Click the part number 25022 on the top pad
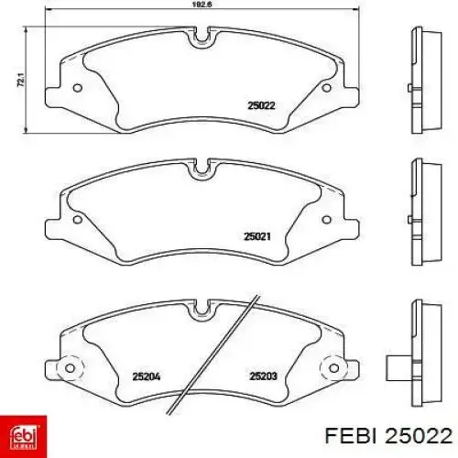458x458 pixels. click(261, 105)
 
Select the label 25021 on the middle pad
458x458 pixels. click(257, 236)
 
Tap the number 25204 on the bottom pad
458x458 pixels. click(147, 376)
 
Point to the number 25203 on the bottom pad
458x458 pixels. click(264, 376)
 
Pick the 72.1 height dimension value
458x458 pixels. click(21, 80)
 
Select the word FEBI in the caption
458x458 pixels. click(350, 435)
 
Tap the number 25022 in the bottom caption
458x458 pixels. click(419, 435)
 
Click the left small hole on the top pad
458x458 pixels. click(78, 88)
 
